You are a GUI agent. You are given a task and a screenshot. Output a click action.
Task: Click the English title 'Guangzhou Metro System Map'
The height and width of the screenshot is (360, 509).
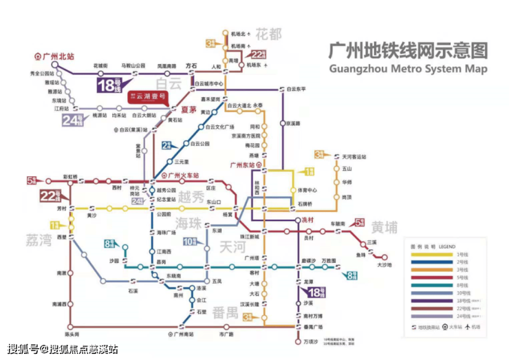[408, 69]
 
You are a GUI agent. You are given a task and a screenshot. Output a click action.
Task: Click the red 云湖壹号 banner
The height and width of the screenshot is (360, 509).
[146, 98]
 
